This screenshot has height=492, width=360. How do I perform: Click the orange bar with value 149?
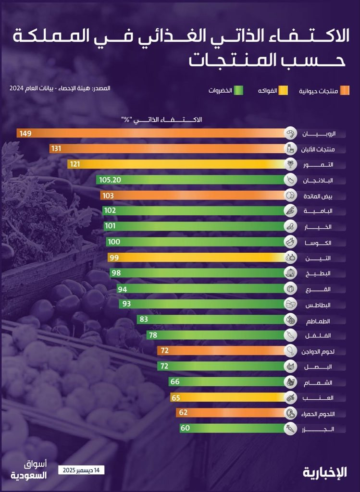pyautogui.click(x=150, y=134)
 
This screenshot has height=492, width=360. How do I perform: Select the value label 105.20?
pyautogui.click(x=110, y=180)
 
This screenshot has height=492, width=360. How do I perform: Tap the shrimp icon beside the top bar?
pyautogui.click(x=290, y=134)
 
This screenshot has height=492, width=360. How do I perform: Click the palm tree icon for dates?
pyautogui.click(x=290, y=164)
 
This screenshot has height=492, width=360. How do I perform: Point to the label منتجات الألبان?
pyautogui.click(x=318, y=149)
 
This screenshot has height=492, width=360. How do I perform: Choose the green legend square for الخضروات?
pyautogui.click(x=238, y=91)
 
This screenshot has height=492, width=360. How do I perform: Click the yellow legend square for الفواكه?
pyautogui.click(x=283, y=91)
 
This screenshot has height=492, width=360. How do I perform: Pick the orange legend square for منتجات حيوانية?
pyautogui.click(x=345, y=91)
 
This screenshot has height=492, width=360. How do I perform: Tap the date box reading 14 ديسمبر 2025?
pyautogui.click(x=81, y=470)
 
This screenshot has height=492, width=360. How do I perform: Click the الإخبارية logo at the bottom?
pyautogui.click(x=325, y=472)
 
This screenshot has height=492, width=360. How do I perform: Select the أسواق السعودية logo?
pyautogui.click(x=28, y=470)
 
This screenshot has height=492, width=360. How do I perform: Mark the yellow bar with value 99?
pyautogui.click(x=197, y=258)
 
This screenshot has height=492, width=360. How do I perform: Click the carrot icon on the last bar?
pyautogui.click(x=290, y=428)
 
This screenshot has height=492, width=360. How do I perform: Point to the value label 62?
pyautogui.click(x=183, y=412)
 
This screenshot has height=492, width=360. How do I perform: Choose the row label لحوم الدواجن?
pyautogui.click(x=318, y=351)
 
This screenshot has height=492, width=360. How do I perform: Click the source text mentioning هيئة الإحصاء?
pyautogui.click(x=60, y=88)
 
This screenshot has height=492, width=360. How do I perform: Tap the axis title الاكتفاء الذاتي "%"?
pyautogui.click(x=161, y=120)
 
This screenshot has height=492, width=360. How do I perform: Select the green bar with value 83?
pyautogui.click(x=211, y=320)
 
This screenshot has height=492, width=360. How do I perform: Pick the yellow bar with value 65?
pyautogui.click(x=228, y=397)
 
